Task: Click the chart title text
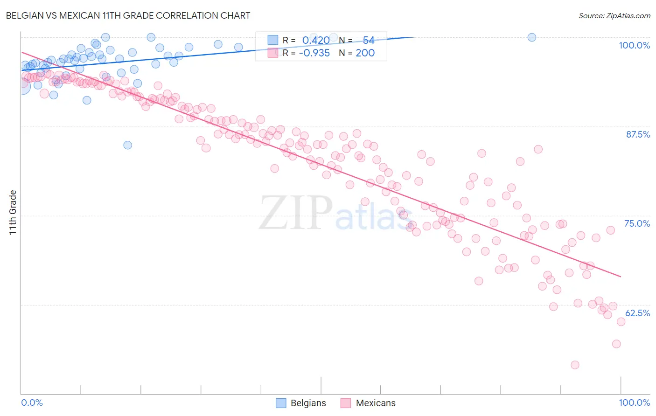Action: [x=128, y=15]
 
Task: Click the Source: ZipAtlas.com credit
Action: [x=614, y=15]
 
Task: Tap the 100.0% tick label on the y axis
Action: [x=634, y=45]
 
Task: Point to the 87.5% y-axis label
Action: [x=637, y=134]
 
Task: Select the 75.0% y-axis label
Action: [x=637, y=223]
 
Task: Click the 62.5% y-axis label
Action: [x=637, y=313]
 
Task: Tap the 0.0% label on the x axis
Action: [x=32, y=403]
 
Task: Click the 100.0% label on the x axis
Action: [x=634, y=403]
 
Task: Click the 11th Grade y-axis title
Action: [x=13, y=212]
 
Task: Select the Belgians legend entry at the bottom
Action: [x=300, y=403]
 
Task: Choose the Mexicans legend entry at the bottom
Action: [x=368, y=403]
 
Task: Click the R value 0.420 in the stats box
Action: [x=315, y=41]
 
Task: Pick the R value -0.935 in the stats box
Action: [x=314, y=53]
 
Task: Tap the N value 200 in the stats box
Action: [x=365, y=53]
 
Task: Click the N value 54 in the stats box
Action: [x=368, y=41]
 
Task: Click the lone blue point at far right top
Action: [x=531, y=37]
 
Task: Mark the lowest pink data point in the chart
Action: [x=575, y=365]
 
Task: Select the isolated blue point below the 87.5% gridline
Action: [x=127, y=145]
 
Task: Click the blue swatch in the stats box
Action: [x=272, y=40]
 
